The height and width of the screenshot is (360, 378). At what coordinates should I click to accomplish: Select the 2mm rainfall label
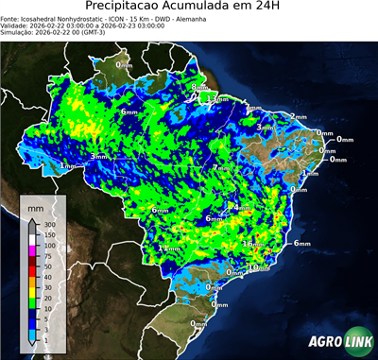pos(298,116)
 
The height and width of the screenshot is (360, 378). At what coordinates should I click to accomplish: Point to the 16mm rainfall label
pos(252,244)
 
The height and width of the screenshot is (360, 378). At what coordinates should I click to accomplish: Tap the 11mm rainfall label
pos(169,248)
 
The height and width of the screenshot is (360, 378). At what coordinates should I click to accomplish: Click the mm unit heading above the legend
pos(36,206)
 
